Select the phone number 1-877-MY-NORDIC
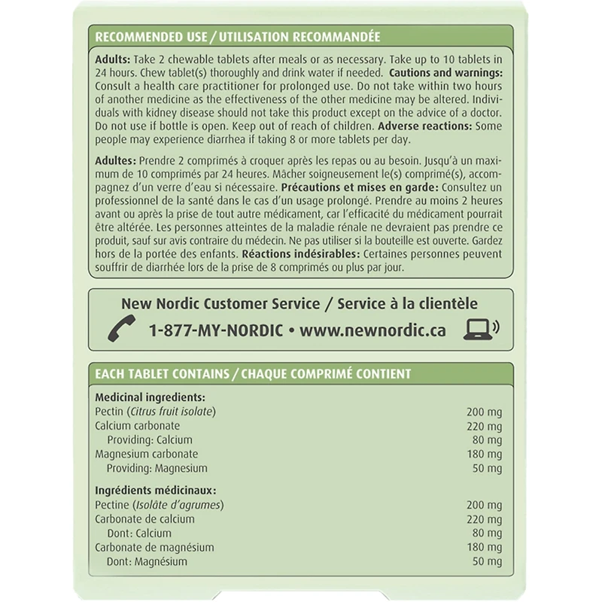215,330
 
